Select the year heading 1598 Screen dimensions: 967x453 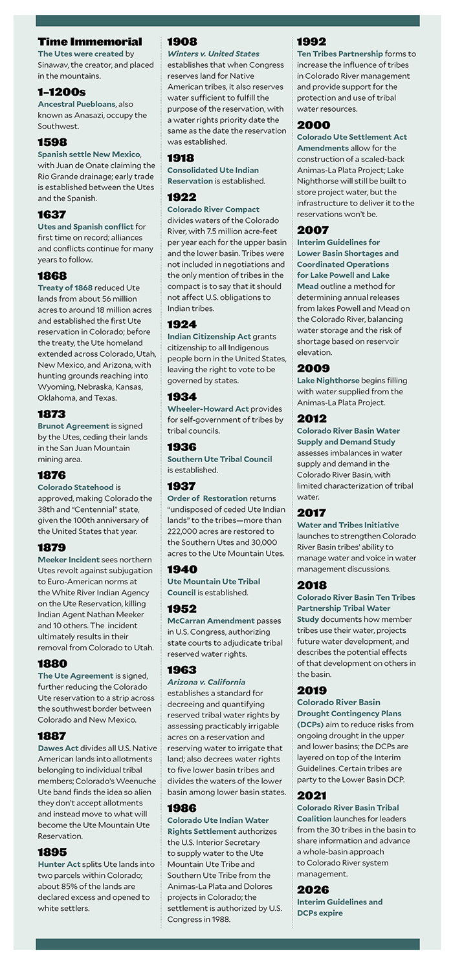click(x=52, y=142)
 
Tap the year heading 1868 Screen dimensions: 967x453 click(x=52, y=275)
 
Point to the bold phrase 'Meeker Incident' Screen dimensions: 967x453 click(x=69, y=559)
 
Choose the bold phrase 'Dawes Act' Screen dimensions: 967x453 click(x=59, y=749)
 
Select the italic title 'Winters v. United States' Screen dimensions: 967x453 click(x=213, y=54)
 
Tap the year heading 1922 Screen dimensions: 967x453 click(x=182, y=197)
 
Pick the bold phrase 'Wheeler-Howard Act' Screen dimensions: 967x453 click(x=208, y=409)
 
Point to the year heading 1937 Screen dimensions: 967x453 click(x=182, y=486)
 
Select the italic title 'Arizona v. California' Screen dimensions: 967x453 click(x=206, y=682)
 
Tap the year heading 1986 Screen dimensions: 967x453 click(x=182, y=808)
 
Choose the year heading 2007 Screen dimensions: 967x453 click(x=313, y=230)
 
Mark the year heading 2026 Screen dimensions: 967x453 click(x=313, y=889)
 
